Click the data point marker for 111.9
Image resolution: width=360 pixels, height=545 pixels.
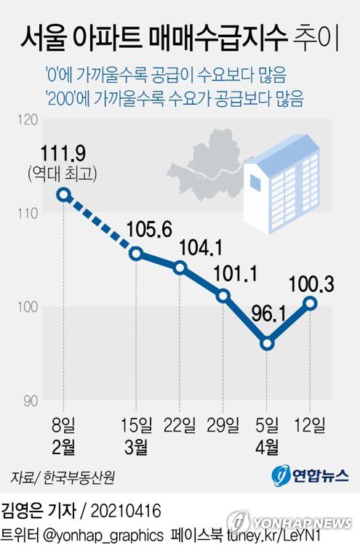click(64, 195)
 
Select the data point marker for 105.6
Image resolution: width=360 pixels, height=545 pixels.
click(136, 254)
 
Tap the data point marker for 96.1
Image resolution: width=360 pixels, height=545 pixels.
click(267, 343)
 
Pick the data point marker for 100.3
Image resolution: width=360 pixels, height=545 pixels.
click(311, 303)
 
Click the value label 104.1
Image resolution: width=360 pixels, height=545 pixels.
click(198, 249)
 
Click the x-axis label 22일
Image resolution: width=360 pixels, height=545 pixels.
click(180, 424)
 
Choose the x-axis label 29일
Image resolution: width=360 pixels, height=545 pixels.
click(223, 424)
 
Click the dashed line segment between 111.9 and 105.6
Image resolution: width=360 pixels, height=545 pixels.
click(100, 225)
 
